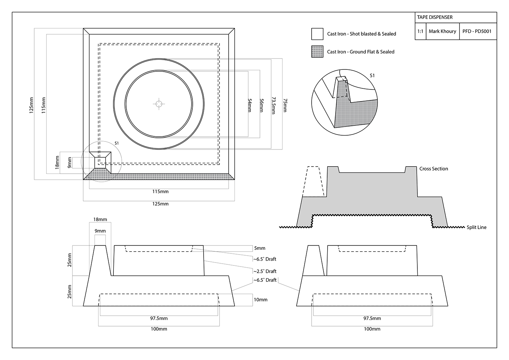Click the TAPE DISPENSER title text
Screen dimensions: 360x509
pos(434,17)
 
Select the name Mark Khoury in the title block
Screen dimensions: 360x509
pos(442,31)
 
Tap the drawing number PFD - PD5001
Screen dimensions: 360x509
pos(477,31)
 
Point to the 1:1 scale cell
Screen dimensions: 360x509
pos(420,31)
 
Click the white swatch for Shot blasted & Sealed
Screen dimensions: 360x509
pos(317,34)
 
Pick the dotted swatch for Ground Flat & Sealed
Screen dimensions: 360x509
pos(317,52)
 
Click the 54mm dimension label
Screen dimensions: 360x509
pos(249,105)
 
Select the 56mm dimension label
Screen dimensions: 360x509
pos(261,105)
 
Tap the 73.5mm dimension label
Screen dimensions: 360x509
pos(273,105)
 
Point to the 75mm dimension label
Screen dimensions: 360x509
pos(285,105)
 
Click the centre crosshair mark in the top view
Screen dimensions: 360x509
pos(159,104)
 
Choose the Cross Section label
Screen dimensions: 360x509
pos(433,169)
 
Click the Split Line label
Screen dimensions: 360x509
pos(476,227)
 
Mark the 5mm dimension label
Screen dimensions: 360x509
pos(260,248)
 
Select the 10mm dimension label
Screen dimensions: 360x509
pos(260,300)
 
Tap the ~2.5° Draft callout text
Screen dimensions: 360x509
pos(265,271)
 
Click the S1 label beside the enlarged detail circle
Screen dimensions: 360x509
pos(372,76)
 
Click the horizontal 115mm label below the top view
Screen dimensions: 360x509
pos(160,192)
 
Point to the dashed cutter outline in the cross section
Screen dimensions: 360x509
pos(313,182)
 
